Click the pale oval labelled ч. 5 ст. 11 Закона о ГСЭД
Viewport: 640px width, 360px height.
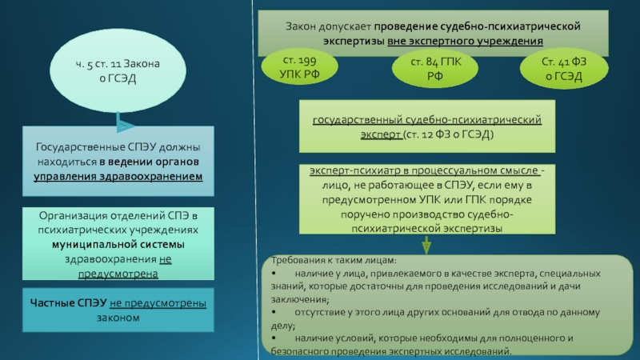(118, 70)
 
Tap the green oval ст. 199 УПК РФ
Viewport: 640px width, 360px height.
(299, 67)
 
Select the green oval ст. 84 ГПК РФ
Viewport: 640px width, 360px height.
(435, 68)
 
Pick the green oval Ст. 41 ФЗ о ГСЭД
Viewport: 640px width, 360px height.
(564, 69)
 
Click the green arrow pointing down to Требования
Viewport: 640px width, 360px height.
(426, 245)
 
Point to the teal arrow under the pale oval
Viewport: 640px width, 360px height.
(124, 122)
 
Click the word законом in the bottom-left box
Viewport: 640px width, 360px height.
(118, 318)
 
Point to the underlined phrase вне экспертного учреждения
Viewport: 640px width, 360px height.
(465, 41)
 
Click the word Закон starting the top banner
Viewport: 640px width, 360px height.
(301, 26)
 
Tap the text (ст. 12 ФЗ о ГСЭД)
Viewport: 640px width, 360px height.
(448, 134)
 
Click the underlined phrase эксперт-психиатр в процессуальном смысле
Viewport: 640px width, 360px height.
(424, 170)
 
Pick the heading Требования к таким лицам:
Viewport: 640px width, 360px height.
(334, 260)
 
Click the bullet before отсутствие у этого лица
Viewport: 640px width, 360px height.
(274, 312)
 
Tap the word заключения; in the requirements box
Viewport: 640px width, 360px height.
(300, 299)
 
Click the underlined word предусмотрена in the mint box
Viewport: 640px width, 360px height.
(118, 274)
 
